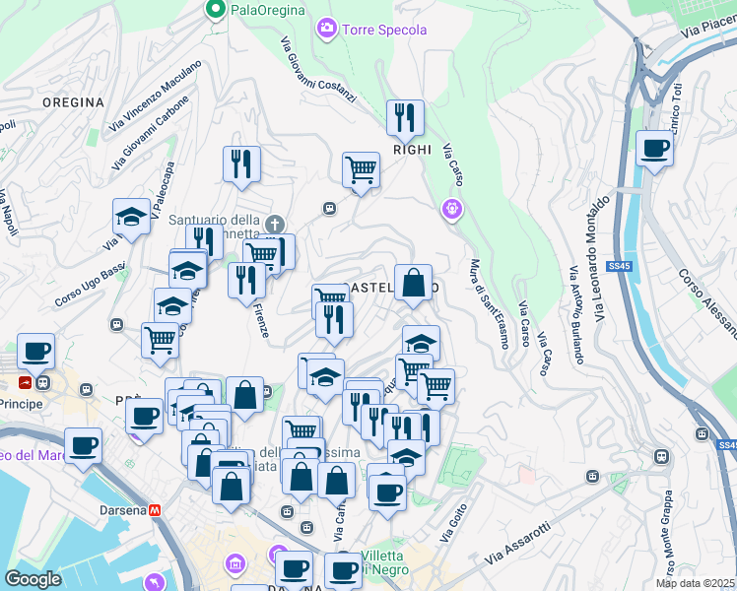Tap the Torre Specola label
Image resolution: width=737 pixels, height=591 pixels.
(x=383, y=30)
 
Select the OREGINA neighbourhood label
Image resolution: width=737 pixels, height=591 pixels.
(x=73, y=102)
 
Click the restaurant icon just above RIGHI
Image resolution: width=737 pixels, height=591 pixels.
(x=405, y=118)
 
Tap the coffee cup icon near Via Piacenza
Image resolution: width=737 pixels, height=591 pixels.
(x=654, y=150)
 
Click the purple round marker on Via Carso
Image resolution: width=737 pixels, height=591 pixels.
(x=452, y=208)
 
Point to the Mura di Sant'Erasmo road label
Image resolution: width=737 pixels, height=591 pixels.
(x=489, y=303)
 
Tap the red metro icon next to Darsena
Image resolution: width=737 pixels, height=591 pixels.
(x=155, y=510)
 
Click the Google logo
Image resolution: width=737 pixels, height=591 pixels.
(x=33, y=579)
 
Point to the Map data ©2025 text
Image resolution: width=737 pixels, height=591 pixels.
(x=695, y=583)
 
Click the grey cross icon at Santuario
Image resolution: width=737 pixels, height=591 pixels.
(x=277, y=224)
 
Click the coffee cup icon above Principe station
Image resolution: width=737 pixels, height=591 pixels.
(x=36, y=351)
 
